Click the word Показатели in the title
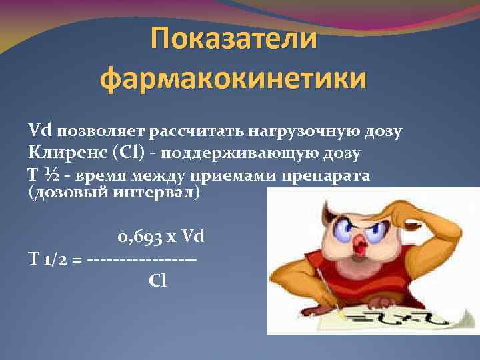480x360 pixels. point(233,39)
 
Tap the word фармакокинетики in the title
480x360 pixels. point(233,79)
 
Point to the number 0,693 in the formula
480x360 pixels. point(137,237)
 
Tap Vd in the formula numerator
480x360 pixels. point(193,237)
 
